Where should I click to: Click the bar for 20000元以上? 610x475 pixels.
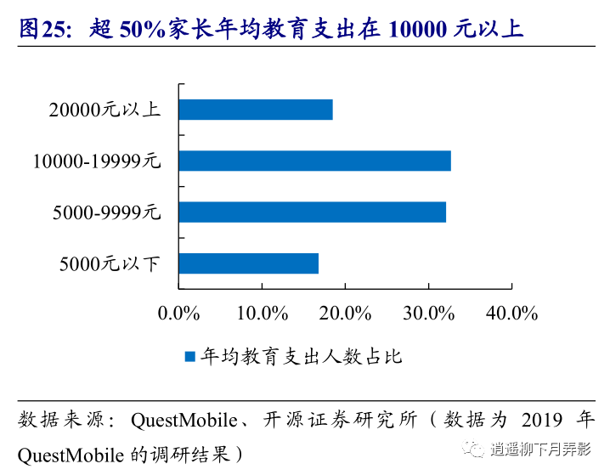coord(255,110)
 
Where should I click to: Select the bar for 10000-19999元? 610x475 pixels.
coord(314,161)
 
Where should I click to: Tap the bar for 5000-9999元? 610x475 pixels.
coord(312,212)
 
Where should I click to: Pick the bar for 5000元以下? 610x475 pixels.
coord(248,263)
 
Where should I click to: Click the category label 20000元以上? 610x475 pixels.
coord(104,110)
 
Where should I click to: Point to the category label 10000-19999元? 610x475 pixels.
coord(97,161)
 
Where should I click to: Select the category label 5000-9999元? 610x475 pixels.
coord(106,212)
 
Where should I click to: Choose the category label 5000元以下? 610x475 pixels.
coord(110,263)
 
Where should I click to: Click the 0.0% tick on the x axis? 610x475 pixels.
coord(179,313)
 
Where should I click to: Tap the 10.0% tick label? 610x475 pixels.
coord(263,313)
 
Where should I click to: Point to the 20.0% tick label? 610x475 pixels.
coord(346,313)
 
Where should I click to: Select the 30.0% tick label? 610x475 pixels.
coord(429,313)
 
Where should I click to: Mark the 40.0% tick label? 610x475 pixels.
coord(512,313)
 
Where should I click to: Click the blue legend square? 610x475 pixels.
coord(190,357)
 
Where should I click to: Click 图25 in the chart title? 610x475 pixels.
coord(40,30)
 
